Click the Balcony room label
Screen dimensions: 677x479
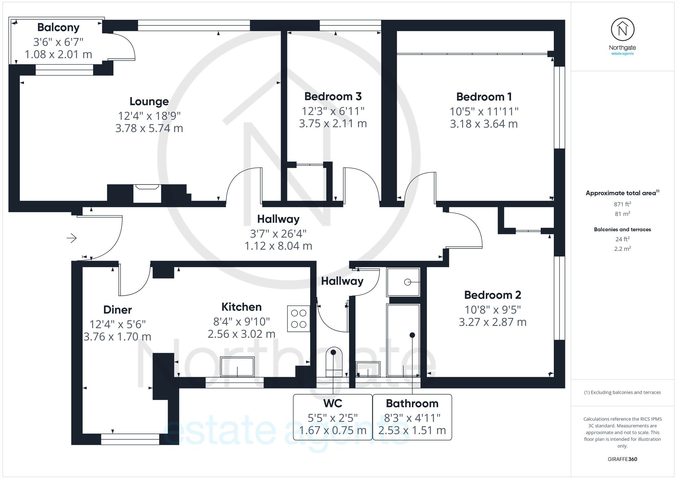point(58,27)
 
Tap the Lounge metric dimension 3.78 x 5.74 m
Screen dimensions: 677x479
point(149,128)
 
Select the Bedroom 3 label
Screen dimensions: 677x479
point(333,96)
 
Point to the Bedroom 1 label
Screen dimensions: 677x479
point(484,97)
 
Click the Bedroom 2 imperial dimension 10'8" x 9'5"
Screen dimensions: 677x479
point(493,310)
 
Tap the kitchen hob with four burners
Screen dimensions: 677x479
point(299,319)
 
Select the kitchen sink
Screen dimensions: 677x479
point(237,367)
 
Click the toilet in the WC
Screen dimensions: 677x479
point(334,362)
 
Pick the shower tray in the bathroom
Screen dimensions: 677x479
point(403,282)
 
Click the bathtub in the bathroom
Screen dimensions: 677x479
point(403,340)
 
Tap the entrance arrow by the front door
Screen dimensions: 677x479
point(72,238)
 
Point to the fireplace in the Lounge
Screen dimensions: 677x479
point(147,193)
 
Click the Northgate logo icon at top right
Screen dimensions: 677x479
point(623,29)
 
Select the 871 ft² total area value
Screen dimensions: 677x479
point(623,204)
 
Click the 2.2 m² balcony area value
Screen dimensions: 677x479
point(623,249)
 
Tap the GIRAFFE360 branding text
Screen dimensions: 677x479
point(623,459)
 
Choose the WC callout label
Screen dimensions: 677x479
point(333,404)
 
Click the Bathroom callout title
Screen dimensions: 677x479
point(412,404)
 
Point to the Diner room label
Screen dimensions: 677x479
point(117,310)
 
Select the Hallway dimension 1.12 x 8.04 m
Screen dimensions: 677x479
point(278,246)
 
